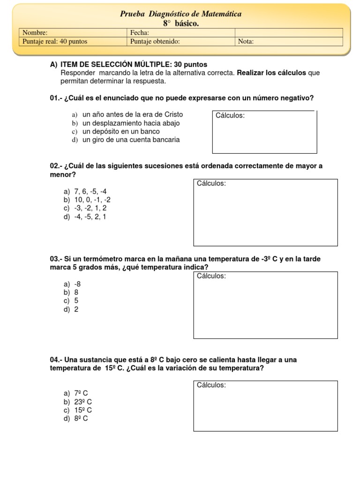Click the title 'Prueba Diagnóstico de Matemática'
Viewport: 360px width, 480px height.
(180, 14)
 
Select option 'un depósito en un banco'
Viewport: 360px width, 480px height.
(121, 131)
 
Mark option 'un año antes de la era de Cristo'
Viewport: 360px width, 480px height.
(132, 114)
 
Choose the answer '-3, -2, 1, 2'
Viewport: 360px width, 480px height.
(90, 208)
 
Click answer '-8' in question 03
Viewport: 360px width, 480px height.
(78, 284)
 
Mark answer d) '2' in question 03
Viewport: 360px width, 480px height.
(76, 309)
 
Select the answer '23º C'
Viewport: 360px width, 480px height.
(83, 402)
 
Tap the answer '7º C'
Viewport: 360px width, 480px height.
(81, 393)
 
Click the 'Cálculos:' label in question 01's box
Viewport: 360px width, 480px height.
(230, 116)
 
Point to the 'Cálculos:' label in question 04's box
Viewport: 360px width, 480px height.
(211, 385)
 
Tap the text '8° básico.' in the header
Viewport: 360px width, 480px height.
(180, 23)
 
